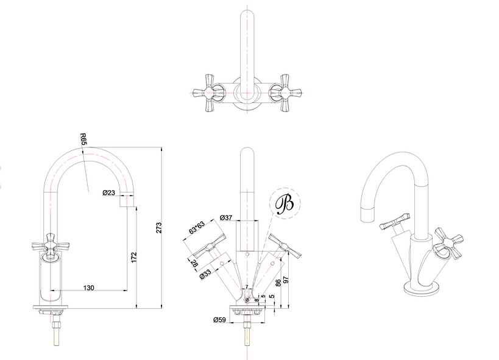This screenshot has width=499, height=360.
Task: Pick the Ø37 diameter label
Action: pos(227,217)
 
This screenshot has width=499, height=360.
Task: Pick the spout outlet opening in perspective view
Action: pos(367,213)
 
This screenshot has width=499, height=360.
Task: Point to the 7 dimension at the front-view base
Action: pos(246,286)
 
